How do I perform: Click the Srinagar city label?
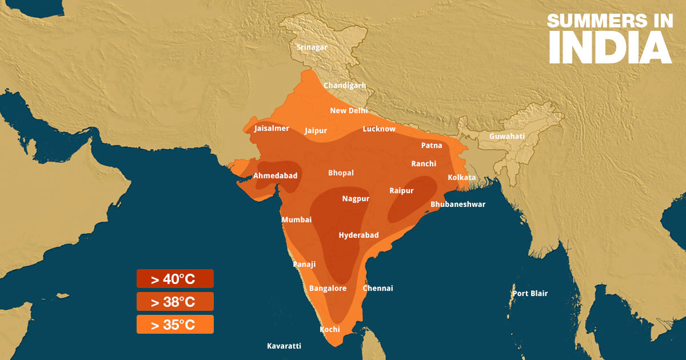click(x=312, y=47)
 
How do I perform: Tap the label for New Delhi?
click(x=349, y=111)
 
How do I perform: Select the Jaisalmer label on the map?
click(x=272, y=129)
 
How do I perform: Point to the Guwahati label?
click(x=506, y=137)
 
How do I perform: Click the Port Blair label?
click(x=529, y=294)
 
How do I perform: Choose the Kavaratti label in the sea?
click(x=284, y=346)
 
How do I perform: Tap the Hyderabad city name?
click(x=358, y=235)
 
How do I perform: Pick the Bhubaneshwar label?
click(x=458, y=205)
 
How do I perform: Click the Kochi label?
click(x=330, y=330)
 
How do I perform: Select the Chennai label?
click(x=378, y=289)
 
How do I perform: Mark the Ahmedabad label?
click(x=275, y=176)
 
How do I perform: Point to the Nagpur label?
click(x=356, y=199)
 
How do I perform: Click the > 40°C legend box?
click(x=175, y=279)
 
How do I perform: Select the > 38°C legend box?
click(x=175, y=302)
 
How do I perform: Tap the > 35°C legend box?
click(x=175, y=325)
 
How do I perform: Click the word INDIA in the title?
click(x=610, y=47)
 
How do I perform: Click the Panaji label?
click(x=304, y=265)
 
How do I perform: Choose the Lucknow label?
click(x=379, y=129)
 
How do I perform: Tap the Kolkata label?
click(x=461, y=178)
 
